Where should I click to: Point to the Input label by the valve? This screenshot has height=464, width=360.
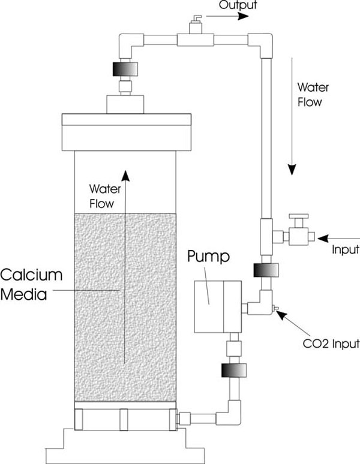tap(344, 249)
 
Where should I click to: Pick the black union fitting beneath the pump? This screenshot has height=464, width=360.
tap(231, 372)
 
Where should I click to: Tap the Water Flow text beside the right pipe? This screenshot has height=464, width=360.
tap(309, 94)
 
